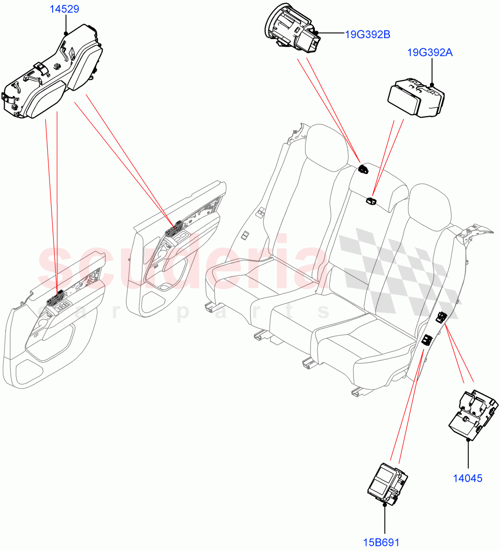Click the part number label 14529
click(x=66, y=9)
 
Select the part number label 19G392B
click(x=367, y=34)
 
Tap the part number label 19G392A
click(x=430, y=53)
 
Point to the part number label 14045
click(x=467, y=478)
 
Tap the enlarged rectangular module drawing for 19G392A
click(x=416, y=98)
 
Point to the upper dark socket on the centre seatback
click(x=364, y=169)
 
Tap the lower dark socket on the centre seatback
click(x=371, y=200)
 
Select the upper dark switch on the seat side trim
click(x=442, y=316)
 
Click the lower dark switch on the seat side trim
click(x=427, y=340)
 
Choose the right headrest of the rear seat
click(x=430, y=206)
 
